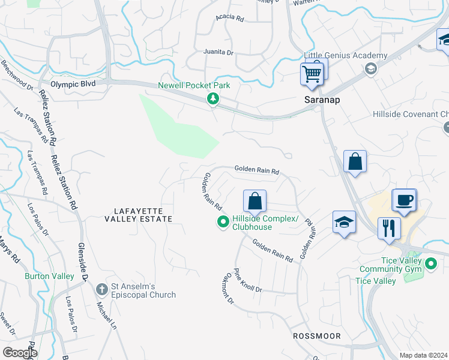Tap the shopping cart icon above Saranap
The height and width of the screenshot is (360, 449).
point(312,74)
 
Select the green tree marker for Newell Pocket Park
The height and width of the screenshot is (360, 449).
point(212,99)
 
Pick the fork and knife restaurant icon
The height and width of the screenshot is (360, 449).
point(389,229)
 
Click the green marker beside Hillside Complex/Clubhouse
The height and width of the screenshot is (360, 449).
point(223,223)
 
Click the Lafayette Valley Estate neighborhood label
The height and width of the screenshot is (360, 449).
point(143,215)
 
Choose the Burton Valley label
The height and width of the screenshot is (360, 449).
point(49,277)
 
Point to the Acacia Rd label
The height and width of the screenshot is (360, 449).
point(231,19)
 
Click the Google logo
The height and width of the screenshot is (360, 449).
point(20,353)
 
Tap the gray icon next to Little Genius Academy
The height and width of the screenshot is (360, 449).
point(370,69)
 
